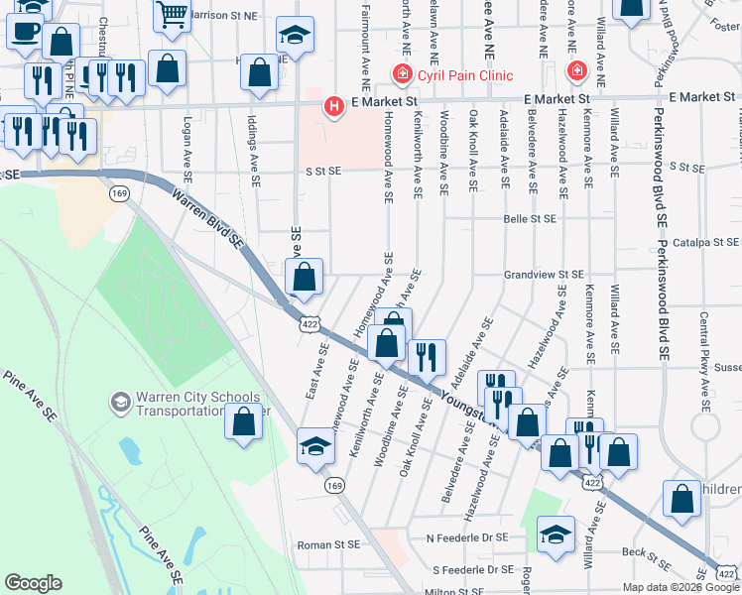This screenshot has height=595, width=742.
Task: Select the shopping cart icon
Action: click(172, 14)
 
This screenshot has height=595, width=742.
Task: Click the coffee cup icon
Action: click(24, 30)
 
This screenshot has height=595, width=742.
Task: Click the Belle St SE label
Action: click(530, 218)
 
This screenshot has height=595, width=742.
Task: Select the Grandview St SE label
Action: click(543, 275)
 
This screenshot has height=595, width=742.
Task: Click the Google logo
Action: click(33, 583)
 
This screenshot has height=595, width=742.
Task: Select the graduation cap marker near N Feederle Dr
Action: click(556, 534)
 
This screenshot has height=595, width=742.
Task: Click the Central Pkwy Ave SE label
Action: click(703, 342)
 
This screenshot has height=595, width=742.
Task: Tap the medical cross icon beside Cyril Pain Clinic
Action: click(402, 73)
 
